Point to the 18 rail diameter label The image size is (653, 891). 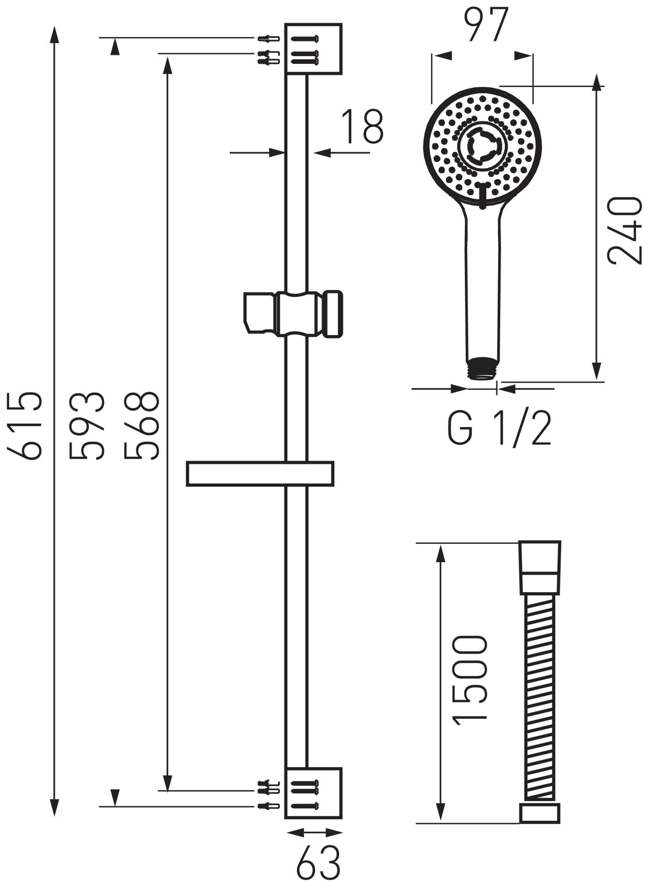[x=362, y=127]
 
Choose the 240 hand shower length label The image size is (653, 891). [x=625, y=230]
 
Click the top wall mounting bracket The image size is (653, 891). [x=313, y=48]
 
